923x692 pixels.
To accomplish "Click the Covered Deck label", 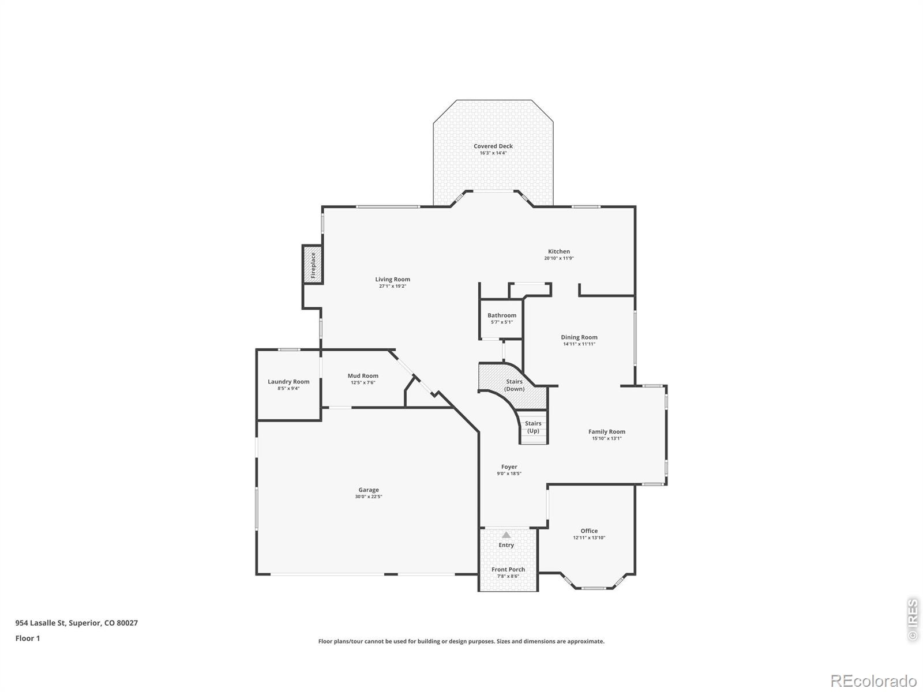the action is [x=493, y=146].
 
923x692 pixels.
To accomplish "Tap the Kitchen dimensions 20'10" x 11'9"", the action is [x=558, y=258].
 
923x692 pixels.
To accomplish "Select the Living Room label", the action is [x=392, y=280].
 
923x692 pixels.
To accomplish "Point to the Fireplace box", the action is [x=313, y=264].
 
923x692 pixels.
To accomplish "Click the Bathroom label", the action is [x=502, y=315].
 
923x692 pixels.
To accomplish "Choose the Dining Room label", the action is [x=579, y=337].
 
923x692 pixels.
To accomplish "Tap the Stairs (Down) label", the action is [x=514, y=385].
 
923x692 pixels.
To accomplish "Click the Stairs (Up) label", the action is [x=533, y=427].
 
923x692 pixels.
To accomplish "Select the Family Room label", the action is [x=606, y=431].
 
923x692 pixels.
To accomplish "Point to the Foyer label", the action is [x=509, y=467].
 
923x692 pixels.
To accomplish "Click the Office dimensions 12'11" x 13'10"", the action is [x=589, y=538].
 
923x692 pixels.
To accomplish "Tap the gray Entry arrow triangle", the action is [x=506, y=535].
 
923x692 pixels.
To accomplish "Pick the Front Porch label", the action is [x=508, y=570].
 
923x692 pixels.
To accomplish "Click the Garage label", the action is [x=369, y=490].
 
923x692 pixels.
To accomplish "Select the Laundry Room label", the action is [x=288, y=382].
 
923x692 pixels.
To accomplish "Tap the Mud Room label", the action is [x=362, y=376].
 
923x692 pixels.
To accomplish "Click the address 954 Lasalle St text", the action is [x=41, y=623].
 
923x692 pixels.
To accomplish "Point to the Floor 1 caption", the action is [x=28, y=638].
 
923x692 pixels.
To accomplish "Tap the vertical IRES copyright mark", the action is [x=912, y=620].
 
